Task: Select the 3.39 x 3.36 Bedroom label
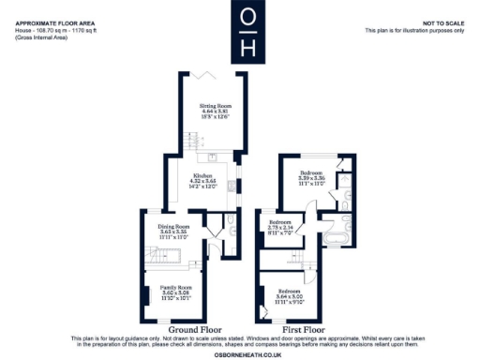311,173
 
